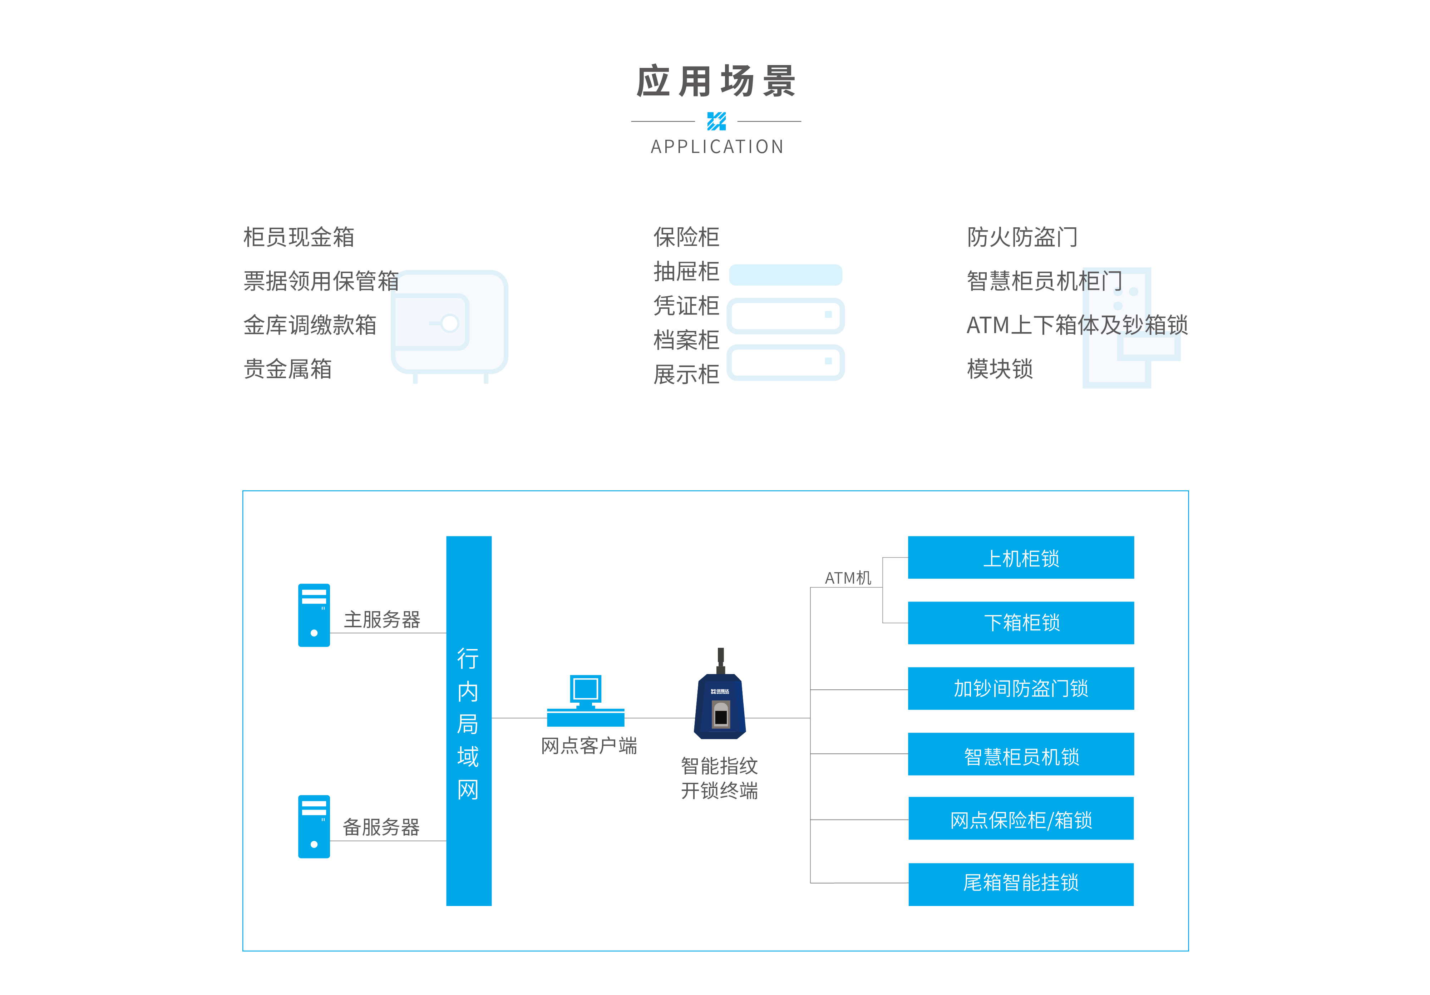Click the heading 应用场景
point(716,81)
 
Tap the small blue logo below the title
point(716,122)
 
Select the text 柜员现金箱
point(299,237)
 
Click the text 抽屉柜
point(686,272)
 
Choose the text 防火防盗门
point(1022,237)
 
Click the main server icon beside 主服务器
point(314,615)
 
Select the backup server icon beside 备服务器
point(314,827)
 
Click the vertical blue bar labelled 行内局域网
point(469,721)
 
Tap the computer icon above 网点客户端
point(586,701)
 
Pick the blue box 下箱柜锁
point(1021,623)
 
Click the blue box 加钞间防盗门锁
point(1021,689)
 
